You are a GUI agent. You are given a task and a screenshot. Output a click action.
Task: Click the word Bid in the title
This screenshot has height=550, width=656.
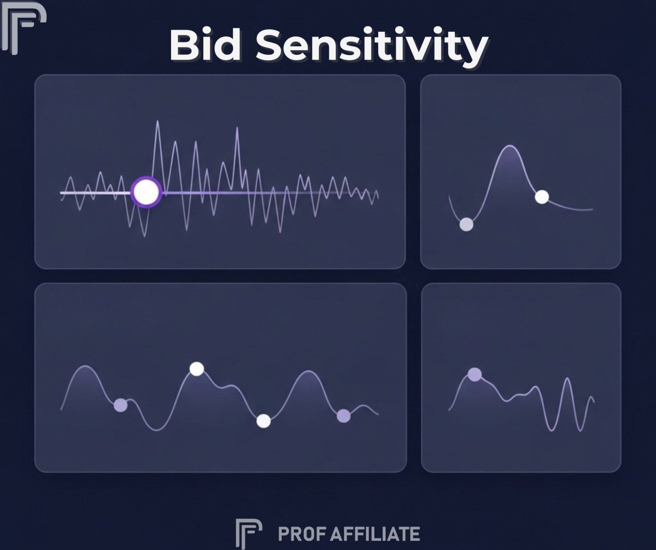click(x=206, y=45)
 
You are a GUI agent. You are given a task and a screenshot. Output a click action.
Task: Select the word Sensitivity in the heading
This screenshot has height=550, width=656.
click(x=372, y=47)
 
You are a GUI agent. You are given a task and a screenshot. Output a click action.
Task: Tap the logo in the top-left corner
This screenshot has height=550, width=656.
click(x=24, y=28)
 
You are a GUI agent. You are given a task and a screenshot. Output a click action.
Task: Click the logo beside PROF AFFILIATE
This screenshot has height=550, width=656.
click(x=249, y=534)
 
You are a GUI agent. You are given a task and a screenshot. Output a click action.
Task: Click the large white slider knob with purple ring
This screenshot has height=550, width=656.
click(x=147, y=192)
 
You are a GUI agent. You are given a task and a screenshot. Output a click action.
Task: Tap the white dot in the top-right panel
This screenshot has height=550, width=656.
click(x=542, y=197)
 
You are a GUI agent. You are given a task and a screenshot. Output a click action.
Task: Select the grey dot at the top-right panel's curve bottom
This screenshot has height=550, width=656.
click(x=466, y=224)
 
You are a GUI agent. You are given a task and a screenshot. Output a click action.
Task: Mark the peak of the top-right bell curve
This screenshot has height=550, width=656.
click(x=509, y=145)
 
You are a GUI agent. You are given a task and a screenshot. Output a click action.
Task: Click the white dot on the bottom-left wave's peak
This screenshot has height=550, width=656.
click(x=197, y=368)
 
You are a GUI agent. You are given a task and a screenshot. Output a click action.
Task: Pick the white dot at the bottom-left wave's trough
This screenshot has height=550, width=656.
click(x=263, y=421)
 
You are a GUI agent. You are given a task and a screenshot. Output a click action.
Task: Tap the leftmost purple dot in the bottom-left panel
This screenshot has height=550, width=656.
click(x=121, y=405)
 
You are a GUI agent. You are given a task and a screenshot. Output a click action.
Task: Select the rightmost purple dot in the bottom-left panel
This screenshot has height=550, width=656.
click(x=344, y=416)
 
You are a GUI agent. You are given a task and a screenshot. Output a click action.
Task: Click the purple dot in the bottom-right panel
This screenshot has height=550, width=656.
click(x=475, y=375)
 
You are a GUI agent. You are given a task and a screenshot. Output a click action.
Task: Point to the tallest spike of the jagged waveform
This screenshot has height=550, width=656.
click(x=157, y=121)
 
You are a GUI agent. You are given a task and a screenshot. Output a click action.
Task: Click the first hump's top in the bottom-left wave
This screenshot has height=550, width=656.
click(x=85, y=366)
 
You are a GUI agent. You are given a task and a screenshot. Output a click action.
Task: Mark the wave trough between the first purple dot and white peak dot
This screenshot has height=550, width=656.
click(x=156, y=430)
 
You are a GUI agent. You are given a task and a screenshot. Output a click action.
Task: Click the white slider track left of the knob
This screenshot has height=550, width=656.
click(x=96, y=192)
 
